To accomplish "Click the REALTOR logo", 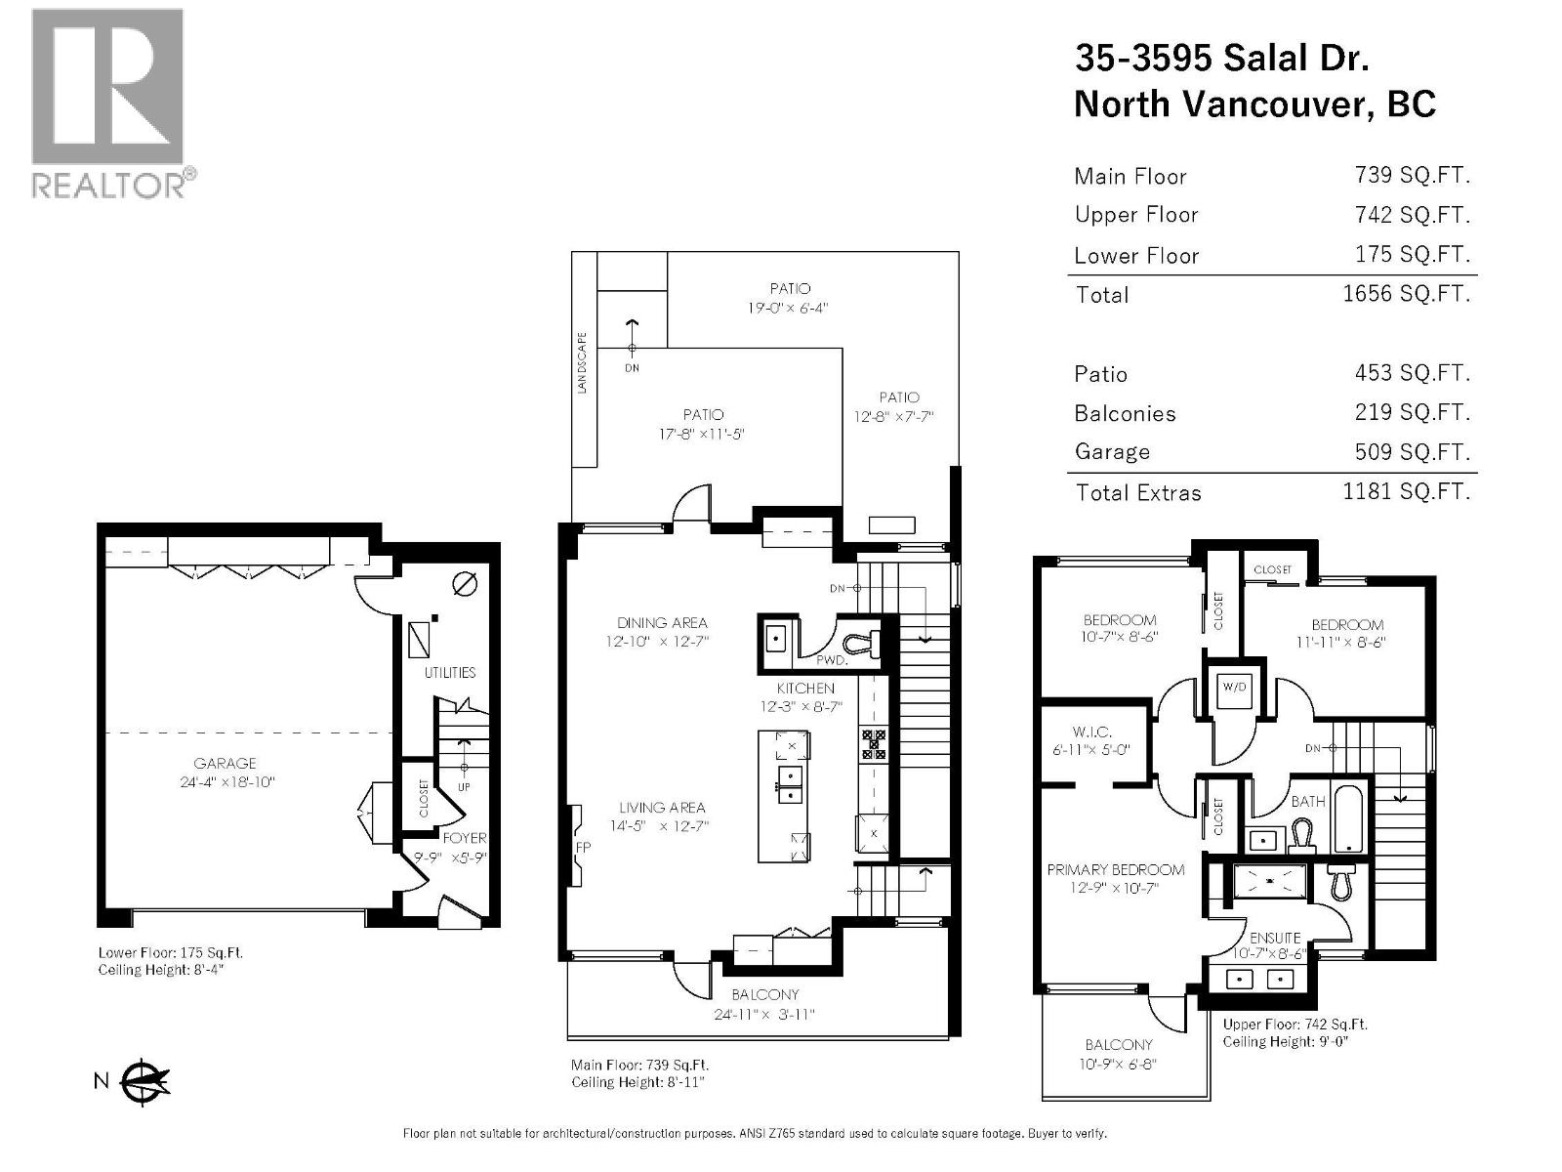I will point(107,103).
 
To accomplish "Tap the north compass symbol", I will point(145,1080).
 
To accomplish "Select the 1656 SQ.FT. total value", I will point(1406,294).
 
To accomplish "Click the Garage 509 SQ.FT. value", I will point(1406,452).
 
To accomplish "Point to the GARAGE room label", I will point(225,764).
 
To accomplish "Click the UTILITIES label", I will point(450,673).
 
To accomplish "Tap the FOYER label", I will point(465,838).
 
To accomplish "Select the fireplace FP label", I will point(583,848).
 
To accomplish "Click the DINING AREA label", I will point(662,623).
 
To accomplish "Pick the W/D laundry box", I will point(1234,687).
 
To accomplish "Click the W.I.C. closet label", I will point(1091,732).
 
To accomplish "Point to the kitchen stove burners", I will point(874,745).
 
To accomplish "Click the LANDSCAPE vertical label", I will point(583,363).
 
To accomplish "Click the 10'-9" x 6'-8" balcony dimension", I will point(1119,1064).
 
